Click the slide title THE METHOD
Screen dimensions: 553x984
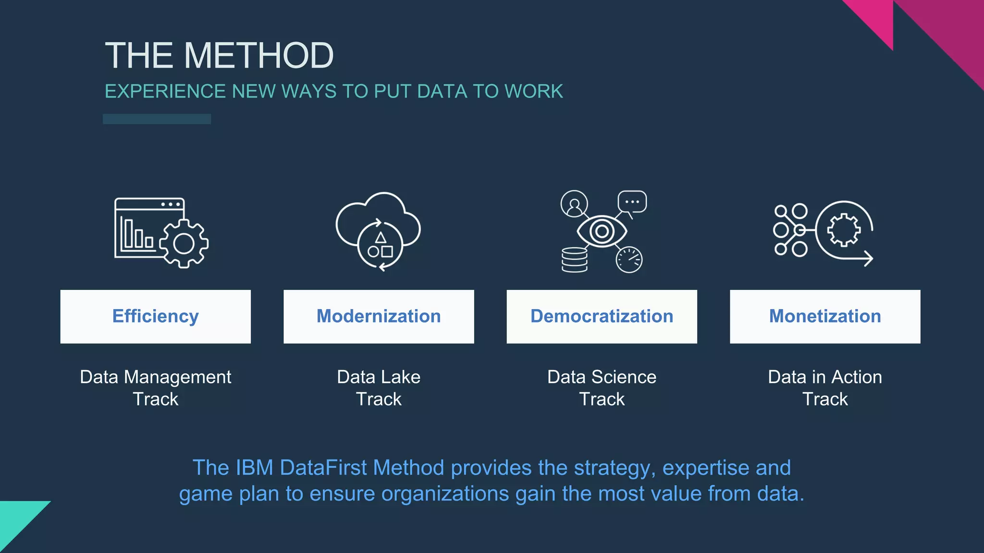point(219,56)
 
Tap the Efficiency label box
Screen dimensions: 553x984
point(155,316)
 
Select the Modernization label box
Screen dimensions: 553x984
point(379,316)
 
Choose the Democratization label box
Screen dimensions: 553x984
point(602,316)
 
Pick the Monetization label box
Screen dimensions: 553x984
point(825,316)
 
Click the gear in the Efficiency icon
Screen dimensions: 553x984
point(184,244)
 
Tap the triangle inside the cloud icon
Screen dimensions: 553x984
point(381,237)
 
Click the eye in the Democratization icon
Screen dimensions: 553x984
point(602,231)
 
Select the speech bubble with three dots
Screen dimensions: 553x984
point(632,202)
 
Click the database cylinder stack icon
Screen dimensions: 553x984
point(574,260)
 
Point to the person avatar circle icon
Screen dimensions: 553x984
point(574,204)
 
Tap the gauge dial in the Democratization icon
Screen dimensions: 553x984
point(629,260)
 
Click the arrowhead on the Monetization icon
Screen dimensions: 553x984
point(868,259)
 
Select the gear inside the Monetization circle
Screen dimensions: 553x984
point(844,230)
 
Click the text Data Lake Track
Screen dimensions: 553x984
point(379,388)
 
